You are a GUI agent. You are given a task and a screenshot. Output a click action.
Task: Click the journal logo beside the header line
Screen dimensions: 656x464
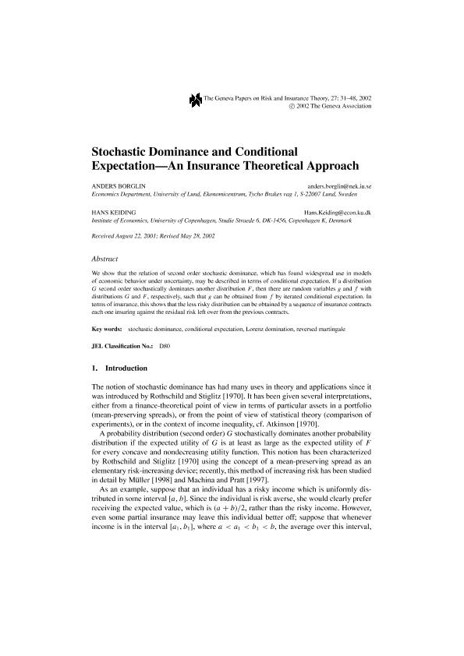point(195,99)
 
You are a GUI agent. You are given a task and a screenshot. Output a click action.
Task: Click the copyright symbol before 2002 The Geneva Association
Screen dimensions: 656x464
point(292,105)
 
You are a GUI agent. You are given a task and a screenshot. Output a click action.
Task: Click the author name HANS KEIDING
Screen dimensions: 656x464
point(110,212)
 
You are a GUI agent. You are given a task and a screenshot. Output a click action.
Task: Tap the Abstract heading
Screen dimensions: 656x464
point(104,256)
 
